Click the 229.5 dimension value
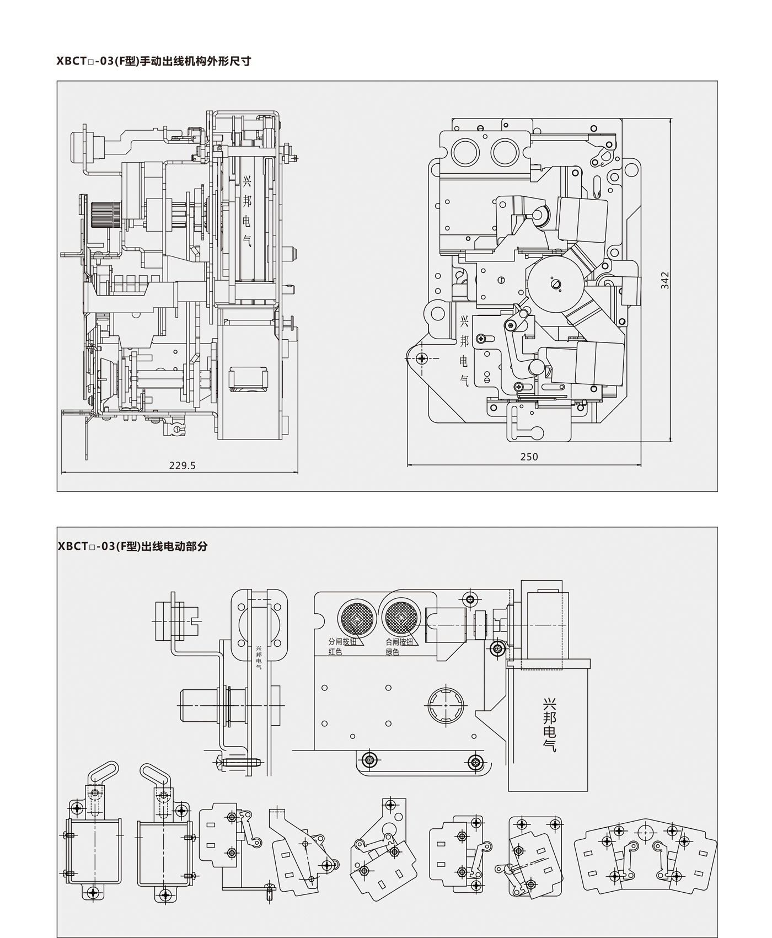click(182, 465)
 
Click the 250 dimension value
click(529, 457)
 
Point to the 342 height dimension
click(665, 280)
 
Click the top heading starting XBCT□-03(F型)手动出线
click(154, 61)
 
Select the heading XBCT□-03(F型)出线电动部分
click(132, 546)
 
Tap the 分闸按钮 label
click(342, 642)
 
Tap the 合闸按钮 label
click(399, 642)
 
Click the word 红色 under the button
click(335, 652)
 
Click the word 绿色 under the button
click(392, 652)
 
